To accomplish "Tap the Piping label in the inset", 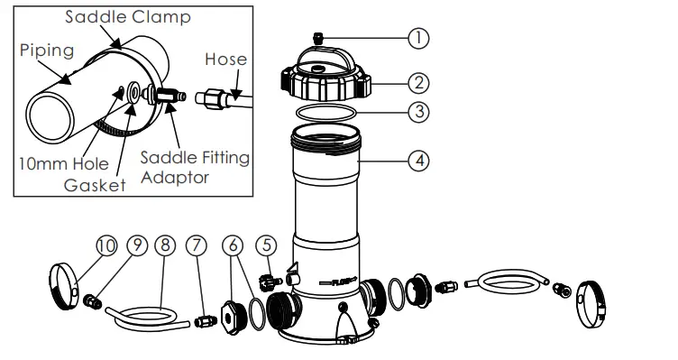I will [x=46, y=51].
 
